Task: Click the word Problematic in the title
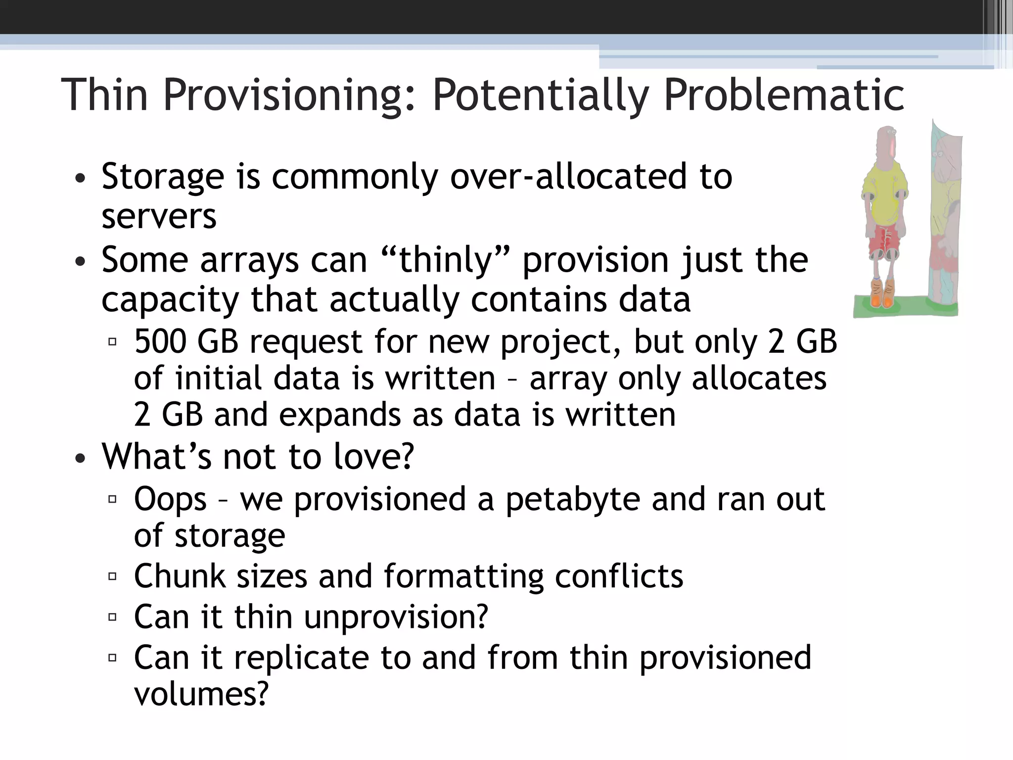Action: [783, 95]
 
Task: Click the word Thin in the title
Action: [104, 95]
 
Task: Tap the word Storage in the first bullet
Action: [163, 177]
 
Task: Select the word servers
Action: [159, 216]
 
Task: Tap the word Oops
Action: [170, 500]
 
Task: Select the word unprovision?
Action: [396, 617]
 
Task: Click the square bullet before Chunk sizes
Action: [112, 576]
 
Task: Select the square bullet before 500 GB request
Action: [112, 341]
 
